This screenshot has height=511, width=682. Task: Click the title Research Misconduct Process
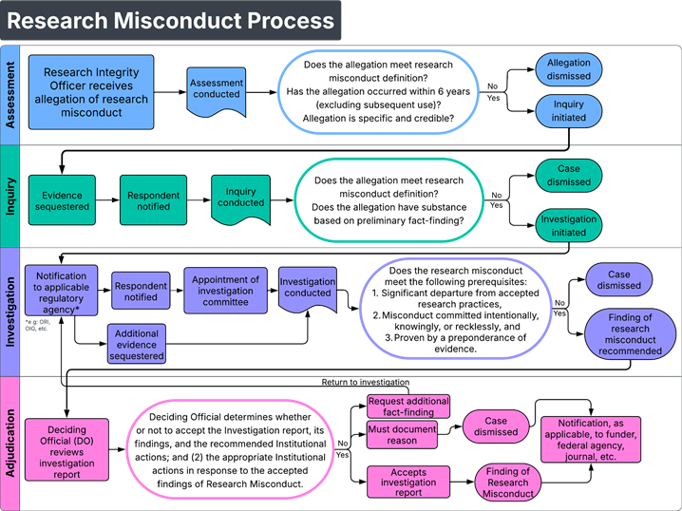(169, 21)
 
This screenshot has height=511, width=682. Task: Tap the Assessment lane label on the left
(11, 94)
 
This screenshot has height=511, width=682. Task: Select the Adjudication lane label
(11, 443)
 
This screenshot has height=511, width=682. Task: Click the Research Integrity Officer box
(90, 92)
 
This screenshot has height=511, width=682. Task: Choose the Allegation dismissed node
(568, 69)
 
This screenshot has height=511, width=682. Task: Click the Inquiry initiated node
(568, 111)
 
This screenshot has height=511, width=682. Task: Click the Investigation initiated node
(569, 225)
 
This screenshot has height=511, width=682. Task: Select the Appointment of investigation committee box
(225, 291)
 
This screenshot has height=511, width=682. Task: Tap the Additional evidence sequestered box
(138, 344)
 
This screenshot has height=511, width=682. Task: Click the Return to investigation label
(366, 382)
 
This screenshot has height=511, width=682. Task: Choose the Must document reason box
(403, 433)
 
